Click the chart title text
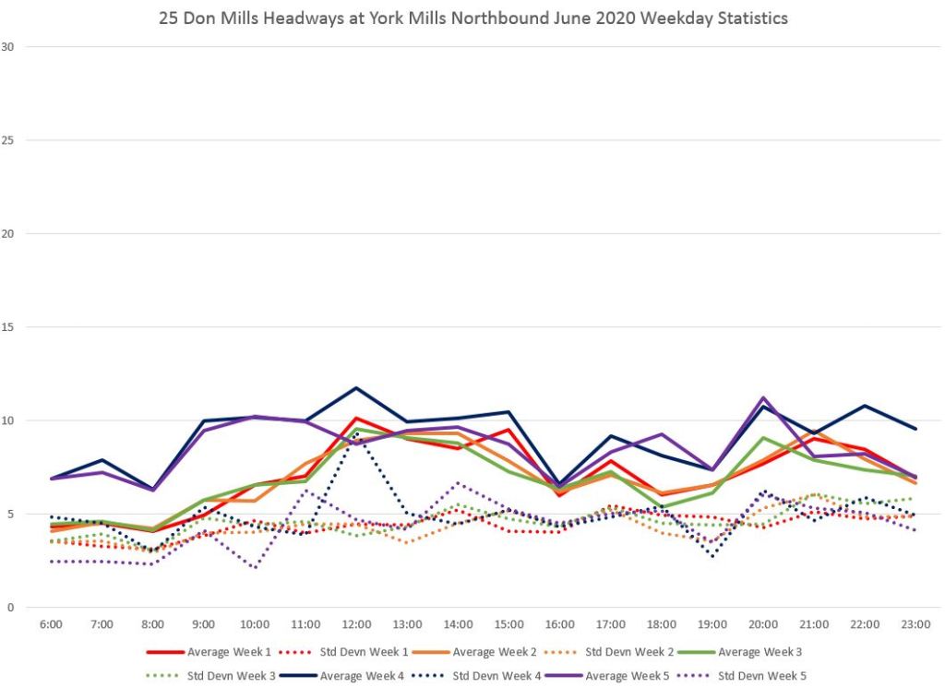click(472, 18)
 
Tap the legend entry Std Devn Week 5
click(761, 676)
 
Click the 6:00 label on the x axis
click(51, 624)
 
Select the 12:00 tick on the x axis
click(356, 624)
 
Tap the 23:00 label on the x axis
click(915, 624)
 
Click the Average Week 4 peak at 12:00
click(356, 387)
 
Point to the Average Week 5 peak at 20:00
click(763, 397)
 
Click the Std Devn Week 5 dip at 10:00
click(254, 568)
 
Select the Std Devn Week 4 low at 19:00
click(712, 556)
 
